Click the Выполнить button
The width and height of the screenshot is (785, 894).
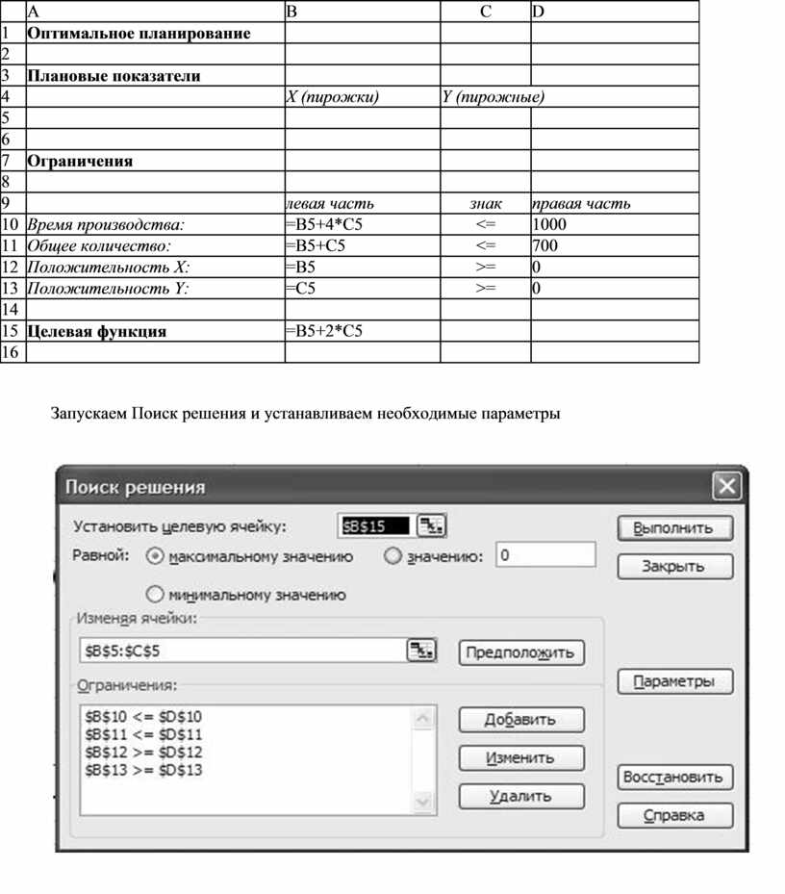point(673,527)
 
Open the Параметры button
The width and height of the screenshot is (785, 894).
point(673,681)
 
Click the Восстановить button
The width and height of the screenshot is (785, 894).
point(673,777)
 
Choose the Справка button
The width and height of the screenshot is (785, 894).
point(673,815)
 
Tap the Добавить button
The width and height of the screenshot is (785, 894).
point(520,719)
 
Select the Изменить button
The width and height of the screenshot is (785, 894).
point(520,757)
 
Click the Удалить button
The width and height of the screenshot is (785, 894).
point(520,796)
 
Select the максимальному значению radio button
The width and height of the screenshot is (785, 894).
point(155,556)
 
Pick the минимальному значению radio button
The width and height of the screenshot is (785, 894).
point(155,595)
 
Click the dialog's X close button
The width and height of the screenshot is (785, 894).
point(727,487)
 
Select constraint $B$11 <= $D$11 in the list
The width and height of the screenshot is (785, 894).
point(144,733)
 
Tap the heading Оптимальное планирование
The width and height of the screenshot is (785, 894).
point(139,34)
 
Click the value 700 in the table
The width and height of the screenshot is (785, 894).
point(544,245)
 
